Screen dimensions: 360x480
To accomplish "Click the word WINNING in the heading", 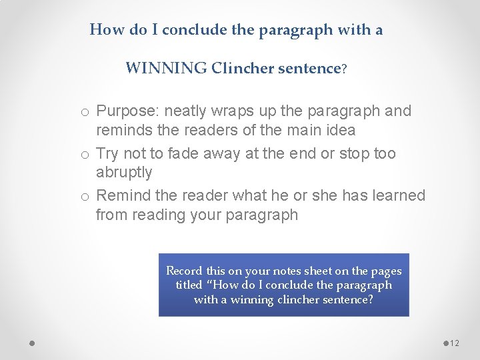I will [x=166, y=68].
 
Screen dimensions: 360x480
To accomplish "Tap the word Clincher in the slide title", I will [x=242, y=68].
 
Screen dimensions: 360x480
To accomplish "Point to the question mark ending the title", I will [x=344, y=69].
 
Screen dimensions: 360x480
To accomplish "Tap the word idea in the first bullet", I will [x=341, y=130].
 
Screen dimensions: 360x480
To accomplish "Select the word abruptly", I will [x=124, y=172].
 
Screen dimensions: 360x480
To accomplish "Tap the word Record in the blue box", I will [x=184, y=271].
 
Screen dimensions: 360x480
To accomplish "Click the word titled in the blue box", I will [x=189, y=285].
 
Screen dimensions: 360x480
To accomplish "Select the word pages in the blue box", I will [x=386, y=271].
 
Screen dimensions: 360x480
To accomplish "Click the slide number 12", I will [x=455, y=343].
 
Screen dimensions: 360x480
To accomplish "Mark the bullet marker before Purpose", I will [x=85, y=112].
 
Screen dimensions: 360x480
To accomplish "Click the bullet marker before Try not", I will [x=85, y=155].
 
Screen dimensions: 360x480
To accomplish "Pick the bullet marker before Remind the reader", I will [x=85, y=197].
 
